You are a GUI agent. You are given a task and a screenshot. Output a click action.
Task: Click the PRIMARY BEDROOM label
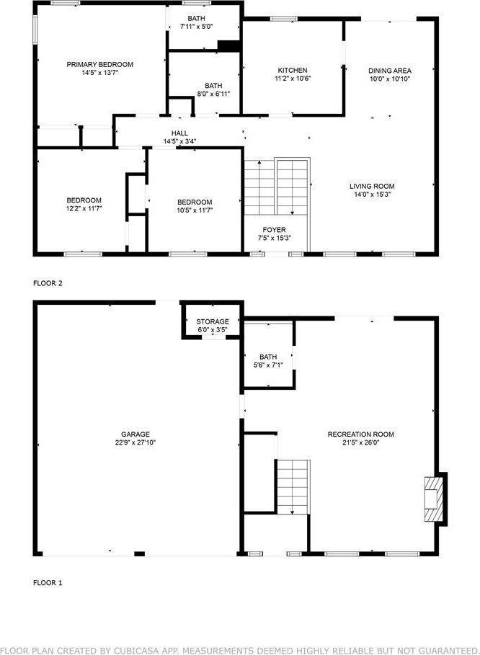coord(99,64)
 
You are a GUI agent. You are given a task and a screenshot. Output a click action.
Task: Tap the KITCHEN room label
coord(293,70)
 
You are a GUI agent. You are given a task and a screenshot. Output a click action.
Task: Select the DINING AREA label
coord(389,70)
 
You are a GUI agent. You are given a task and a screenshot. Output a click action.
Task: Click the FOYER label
coord(274,230)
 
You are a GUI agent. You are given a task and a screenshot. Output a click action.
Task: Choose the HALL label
coord(179,133)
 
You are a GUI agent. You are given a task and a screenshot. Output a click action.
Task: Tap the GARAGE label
coord(135,434)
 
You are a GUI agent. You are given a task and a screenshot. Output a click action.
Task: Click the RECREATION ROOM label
coord(360,434)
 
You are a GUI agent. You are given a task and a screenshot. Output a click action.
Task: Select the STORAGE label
coord(213,321)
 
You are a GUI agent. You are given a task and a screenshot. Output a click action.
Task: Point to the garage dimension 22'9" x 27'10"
coord(135,443)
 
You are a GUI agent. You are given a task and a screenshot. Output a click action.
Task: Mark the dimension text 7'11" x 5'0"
coord(196,27)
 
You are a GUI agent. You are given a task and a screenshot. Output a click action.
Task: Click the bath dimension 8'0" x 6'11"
coord(213,94)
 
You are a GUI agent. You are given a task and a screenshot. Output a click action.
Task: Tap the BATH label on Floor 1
coord(268,357)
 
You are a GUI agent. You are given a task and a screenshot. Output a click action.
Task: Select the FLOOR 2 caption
coord(48,283)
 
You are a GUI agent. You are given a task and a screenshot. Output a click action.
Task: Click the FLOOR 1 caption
coord(48,582)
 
